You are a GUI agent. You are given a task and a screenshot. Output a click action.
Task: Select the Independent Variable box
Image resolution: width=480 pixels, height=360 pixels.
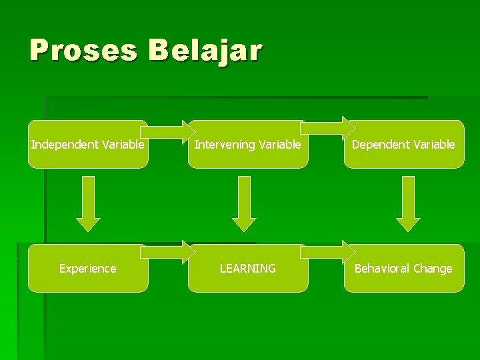pyautogui.click(x=88, y=145)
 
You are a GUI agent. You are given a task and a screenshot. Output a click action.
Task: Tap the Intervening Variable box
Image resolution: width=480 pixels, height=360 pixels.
pyautogui.click(x=247, y=145)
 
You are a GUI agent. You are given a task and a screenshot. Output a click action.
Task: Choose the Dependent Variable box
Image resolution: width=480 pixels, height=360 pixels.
pyautogui.click(x=403, y=145)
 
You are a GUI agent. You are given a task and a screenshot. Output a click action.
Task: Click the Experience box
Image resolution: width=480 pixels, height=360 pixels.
pyautogui.click(x=88, y=269)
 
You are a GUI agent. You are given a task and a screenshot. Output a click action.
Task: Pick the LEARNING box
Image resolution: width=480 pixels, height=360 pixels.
pyautogui.click(x=247, y=269)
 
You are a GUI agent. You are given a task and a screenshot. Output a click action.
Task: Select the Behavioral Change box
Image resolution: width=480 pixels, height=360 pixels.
pyautogui.click(x=403, y=269)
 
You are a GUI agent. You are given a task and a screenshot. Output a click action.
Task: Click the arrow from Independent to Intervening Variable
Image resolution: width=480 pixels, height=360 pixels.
pyautogui.click(x=167, y=129)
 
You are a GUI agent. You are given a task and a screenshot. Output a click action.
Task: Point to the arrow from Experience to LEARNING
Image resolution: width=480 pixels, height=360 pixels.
pyautogui.click(x=167, y=253)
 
